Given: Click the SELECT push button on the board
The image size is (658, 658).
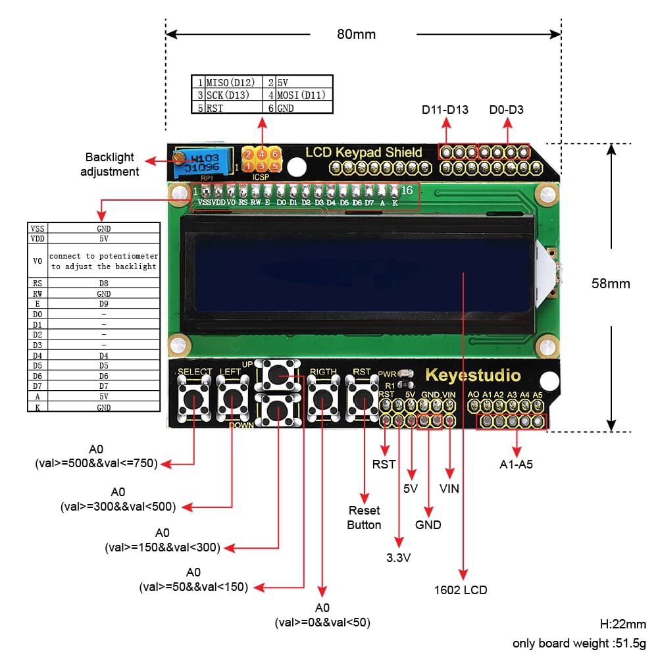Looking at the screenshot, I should click(195, 398).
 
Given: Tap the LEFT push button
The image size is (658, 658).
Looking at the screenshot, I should click(232, 398).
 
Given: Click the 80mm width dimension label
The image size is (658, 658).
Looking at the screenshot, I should click(356, 34).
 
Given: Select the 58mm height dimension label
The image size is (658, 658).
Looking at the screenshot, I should click(611, 284).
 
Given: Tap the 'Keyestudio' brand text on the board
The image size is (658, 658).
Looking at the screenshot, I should click(472, 376).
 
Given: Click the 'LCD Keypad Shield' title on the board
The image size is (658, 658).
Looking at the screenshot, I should click(363, 153).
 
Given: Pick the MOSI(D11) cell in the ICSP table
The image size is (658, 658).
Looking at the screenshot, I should click(301, 95).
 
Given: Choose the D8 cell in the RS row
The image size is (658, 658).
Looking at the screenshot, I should click(103, 283).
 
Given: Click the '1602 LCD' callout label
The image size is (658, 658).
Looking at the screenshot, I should click(461, 590).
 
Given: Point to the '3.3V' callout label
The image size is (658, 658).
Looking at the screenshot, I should click(398, 558).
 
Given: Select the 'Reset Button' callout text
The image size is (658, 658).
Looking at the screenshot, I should click(364, 518).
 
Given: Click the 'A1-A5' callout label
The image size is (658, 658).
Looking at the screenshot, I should click(516, 465).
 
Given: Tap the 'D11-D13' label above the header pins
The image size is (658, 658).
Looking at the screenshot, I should click(445, 110).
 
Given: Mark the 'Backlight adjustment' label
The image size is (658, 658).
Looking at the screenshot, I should click(109, 164).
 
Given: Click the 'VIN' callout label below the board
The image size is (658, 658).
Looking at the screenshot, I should click(449, 488).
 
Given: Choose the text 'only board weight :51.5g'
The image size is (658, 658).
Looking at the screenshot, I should click(579, 643).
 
